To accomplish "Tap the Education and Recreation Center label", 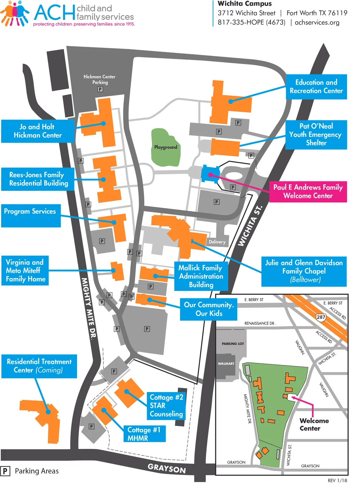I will [316, 87].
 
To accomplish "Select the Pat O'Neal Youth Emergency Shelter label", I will [316, 135].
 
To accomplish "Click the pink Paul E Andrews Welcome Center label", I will [308, 192].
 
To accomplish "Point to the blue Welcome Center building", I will [210, 174].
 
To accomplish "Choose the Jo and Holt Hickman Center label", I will [38, 131].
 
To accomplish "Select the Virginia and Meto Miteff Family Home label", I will [25, 270].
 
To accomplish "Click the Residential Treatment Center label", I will [39, 366].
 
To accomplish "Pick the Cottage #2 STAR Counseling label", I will [166, 406].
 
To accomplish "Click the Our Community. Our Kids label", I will [209, 309].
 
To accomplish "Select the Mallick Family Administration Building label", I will [201, 276].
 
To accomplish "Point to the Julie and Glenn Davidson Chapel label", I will [304, 271].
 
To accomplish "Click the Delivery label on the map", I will [217, 242].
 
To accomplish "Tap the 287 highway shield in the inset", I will [321, 317].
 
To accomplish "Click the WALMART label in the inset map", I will [226, 364].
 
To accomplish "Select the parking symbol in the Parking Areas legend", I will [5, 471].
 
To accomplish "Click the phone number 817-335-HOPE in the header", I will [251, 22].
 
